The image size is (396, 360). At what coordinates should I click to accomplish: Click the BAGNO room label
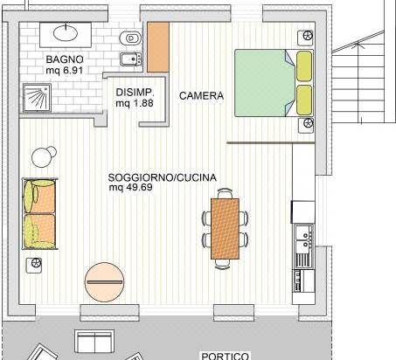(x=65, y=59)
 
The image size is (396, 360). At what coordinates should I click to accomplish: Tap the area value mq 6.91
(x=65, y=70)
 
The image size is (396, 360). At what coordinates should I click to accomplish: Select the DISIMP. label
(x=135, y=93)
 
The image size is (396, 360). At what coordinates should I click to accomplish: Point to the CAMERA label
(x=201, y=95)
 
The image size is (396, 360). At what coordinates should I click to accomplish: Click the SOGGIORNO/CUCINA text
(x=163, y=177)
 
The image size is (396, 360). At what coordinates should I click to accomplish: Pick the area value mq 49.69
(x=131, y=187)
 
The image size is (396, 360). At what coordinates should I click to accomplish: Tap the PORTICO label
(x=226, y=356)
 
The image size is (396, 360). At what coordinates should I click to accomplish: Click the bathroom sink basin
(x=66, y=32)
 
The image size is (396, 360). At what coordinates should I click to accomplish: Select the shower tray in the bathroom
(x=37, y=98)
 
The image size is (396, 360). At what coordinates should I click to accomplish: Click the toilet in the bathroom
(x=130, y=38)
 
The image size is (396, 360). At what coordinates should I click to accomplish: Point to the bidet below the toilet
(x=131, y=59)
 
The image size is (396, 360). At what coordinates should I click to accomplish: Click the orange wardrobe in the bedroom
(x=158, y=47)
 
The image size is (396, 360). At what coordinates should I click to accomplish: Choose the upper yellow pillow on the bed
(x=304, y=66)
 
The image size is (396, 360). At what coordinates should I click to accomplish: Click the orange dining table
(x=225, y=229)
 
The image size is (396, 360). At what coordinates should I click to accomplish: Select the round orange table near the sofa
(x=104, y=282)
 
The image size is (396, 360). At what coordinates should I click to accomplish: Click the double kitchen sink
(x=304, y=239)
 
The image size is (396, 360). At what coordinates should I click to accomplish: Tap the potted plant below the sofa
(x=34, y=265)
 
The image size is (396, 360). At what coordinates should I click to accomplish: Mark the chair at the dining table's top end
(x=225, y=193)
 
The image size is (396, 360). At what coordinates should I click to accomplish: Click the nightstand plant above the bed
(x=306, y=38)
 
